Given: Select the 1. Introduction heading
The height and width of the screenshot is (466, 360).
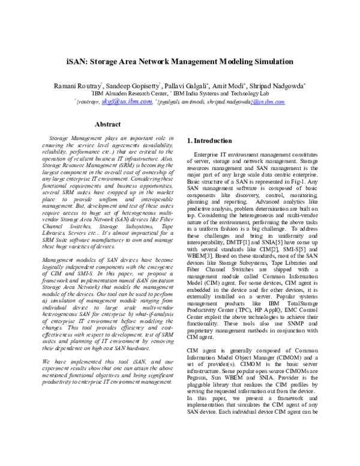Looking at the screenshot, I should tap(210, 141).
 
